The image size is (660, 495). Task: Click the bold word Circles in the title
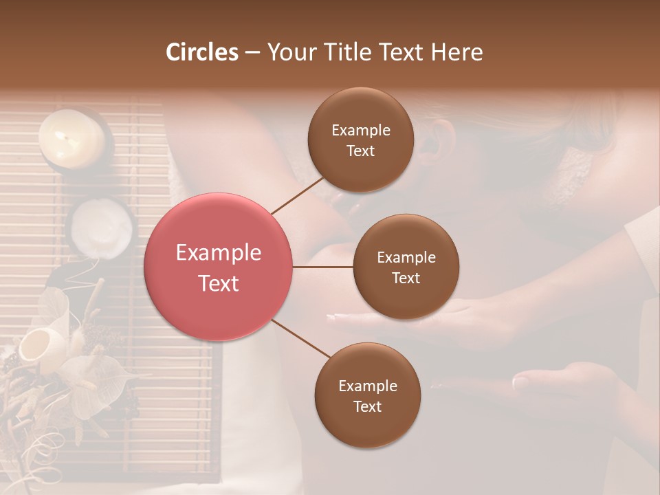[201, 52]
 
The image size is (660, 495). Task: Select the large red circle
[219, 267]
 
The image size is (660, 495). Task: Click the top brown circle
[361, 140]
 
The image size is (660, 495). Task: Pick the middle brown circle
[406, 267]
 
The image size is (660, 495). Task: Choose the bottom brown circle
[367, 395]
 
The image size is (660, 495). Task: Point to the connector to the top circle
[297, 195]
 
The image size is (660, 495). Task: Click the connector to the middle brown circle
[323, 267]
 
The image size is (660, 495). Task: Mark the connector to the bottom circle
[301, 340]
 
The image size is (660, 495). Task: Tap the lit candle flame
[65, 138]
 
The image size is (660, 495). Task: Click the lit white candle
[71, 137]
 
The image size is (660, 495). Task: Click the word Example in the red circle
[219, 253]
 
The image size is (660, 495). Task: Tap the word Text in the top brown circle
[361, 151]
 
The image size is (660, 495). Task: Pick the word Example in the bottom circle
[368, 386]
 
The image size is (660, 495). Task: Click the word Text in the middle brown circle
[406, 278]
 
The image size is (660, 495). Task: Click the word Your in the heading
[289, 52]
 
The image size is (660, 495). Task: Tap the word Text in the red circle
[219, 283]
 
